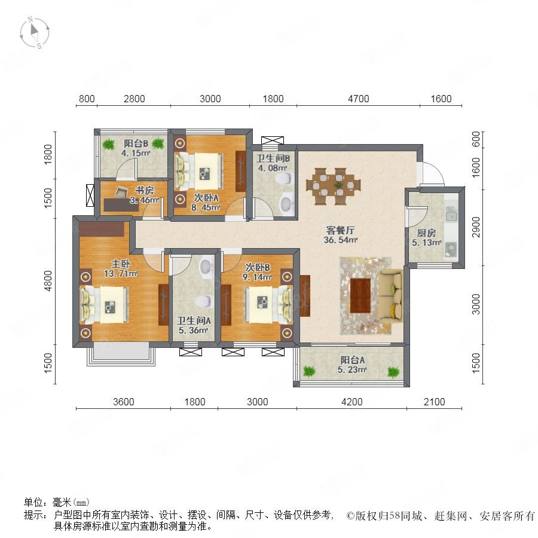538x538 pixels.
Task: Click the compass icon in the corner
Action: tap(34, 33)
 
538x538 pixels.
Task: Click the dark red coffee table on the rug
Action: tap(360, 295)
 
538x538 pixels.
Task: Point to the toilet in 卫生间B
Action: tap(284, 178)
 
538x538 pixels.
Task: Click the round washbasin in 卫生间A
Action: tap(206, 267)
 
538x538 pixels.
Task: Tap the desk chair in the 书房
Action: tap(120, 192)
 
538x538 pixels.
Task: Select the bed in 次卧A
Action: tap(199, 171)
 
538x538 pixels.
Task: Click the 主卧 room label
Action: tap(121, 264)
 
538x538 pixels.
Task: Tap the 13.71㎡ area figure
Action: tap(121, 273)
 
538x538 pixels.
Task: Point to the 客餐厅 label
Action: tap(340, 230)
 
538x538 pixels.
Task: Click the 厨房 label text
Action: tap(426, 233)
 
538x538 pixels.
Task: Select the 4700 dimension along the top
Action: tap(359, 99)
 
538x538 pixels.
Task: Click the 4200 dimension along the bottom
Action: tap(352, 402)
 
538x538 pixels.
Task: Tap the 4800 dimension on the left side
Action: tap(48, 281)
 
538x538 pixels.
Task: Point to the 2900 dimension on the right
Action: tap(476, 227)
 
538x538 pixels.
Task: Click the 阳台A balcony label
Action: tap(352, 360)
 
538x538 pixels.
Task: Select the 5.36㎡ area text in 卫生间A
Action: tap(194, 331)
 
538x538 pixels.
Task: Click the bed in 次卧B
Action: tap(269, 305)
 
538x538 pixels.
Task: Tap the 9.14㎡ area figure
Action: tap(257, 277)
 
